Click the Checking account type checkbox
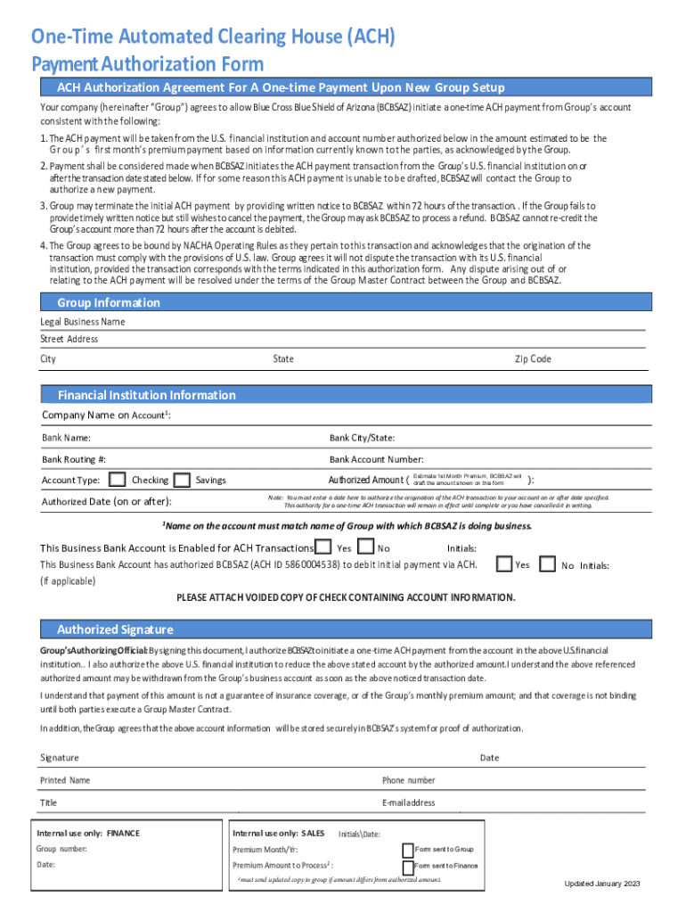116,480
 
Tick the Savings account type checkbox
182,480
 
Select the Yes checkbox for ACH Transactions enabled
324,547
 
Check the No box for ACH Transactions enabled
365,547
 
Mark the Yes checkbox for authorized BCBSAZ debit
503,563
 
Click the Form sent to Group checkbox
408,850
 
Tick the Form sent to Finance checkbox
408,867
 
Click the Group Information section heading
108,303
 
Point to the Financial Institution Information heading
146,395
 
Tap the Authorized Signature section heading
114,629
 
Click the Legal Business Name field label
82,322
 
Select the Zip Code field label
533,359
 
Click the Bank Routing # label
74,459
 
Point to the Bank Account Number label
376,459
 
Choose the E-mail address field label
408,802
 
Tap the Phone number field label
408,780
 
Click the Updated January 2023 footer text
602,884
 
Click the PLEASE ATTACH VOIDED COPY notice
345,596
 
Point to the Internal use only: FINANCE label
88,833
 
